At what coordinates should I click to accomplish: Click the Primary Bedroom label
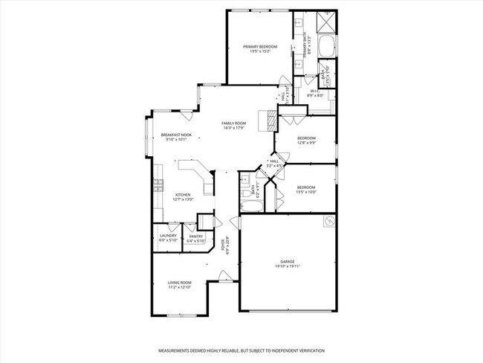pos(260,47)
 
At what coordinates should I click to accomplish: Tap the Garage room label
pos(288,262)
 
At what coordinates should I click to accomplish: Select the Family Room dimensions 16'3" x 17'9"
pos(233,128)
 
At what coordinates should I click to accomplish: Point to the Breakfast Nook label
pos(176,134)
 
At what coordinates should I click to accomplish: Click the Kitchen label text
pos(183,195)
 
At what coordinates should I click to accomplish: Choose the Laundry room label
pos(168,236)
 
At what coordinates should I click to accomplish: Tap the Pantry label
pos(195,236)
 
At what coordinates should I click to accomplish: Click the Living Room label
pos(179,283)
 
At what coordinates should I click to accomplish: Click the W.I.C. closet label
pos(315,91)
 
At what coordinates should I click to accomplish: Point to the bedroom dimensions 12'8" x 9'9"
pos(307,143)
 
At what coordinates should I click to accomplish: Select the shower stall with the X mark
pos(325,21)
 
